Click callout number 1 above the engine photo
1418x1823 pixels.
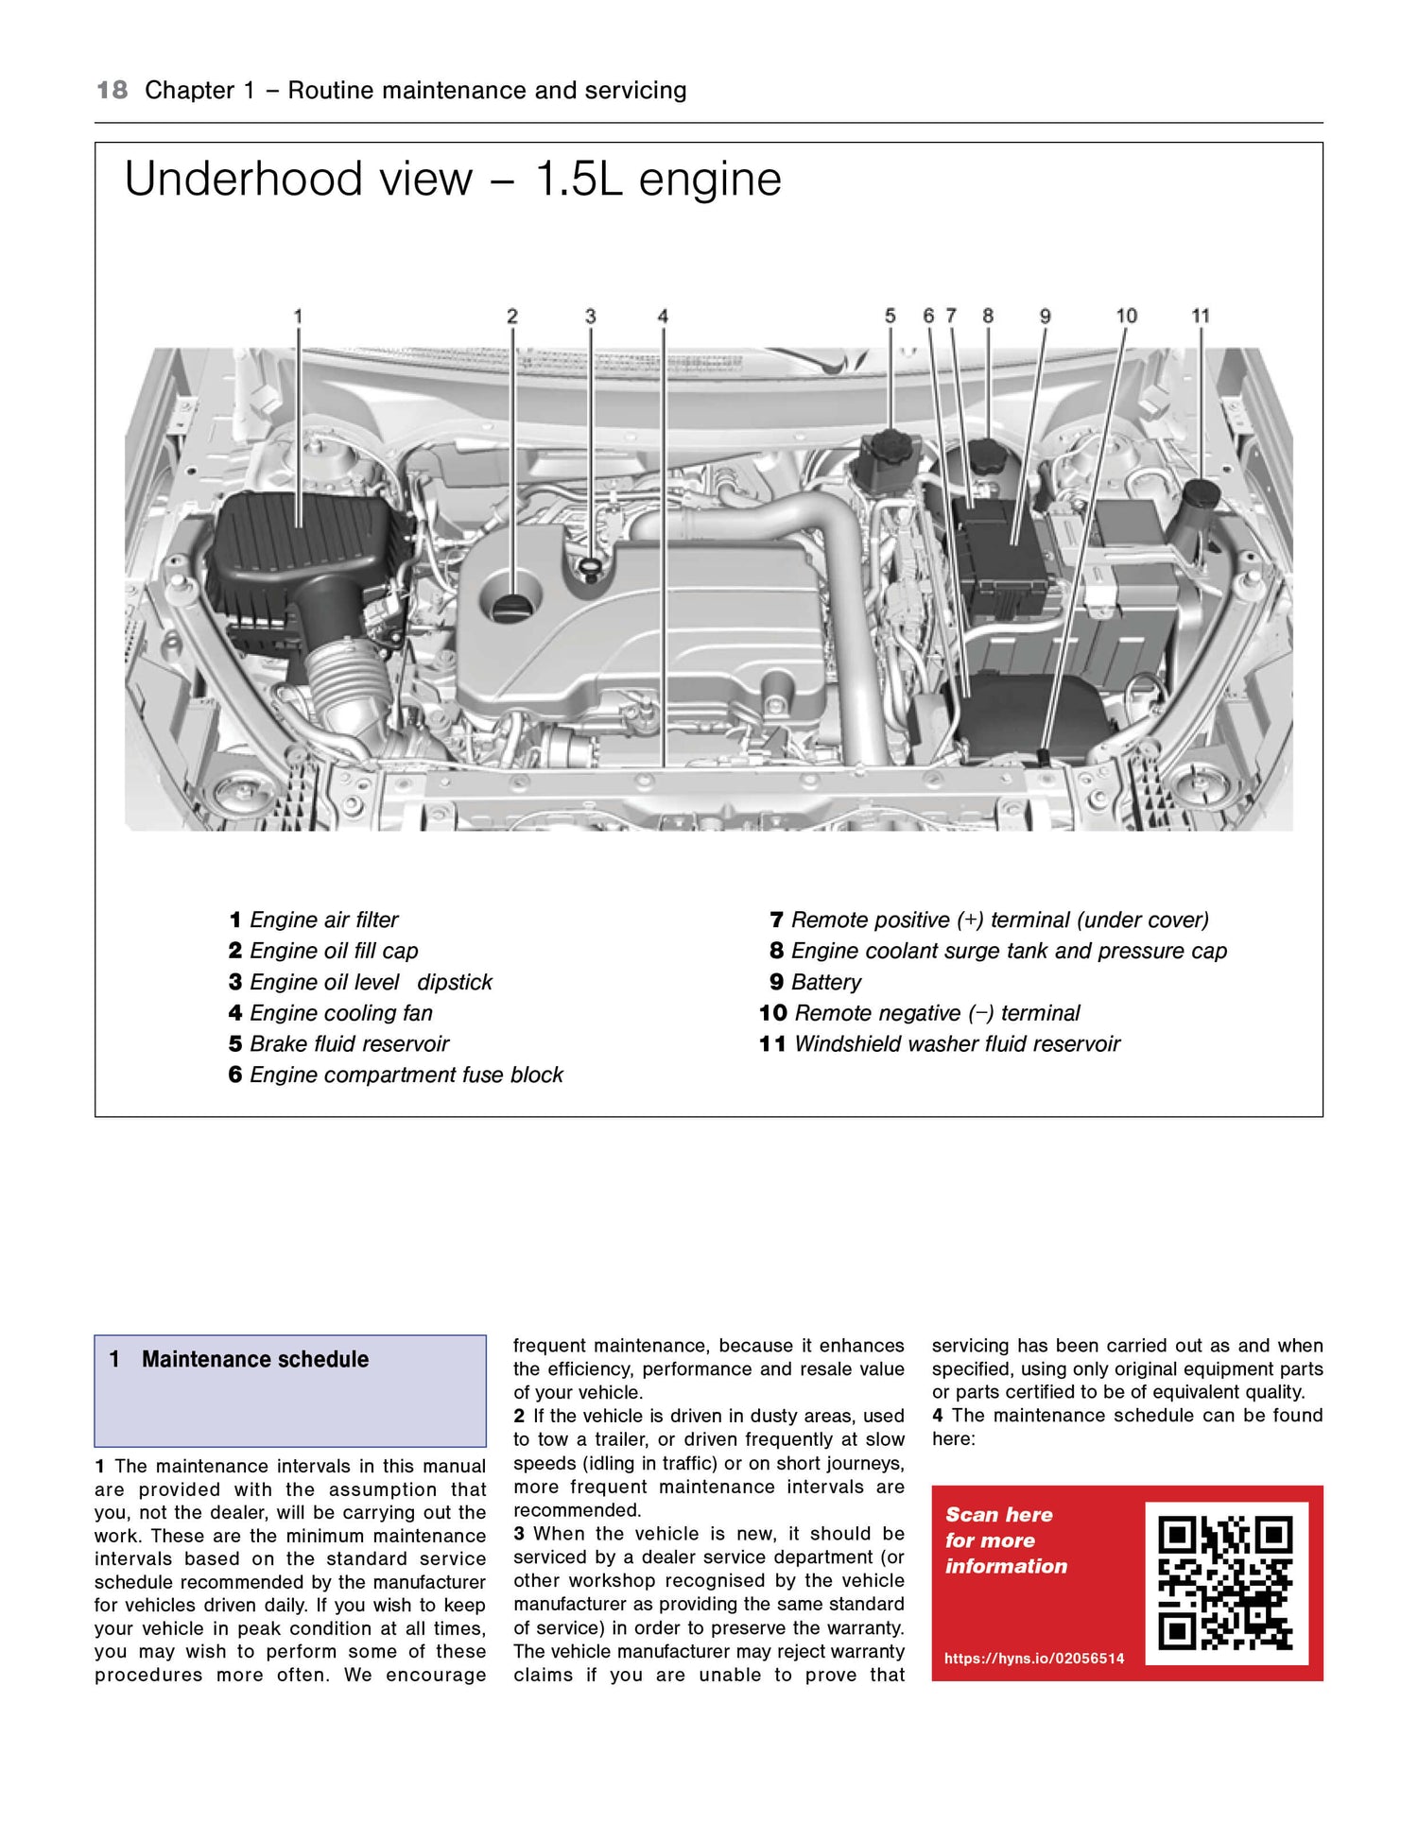tap(298, 317)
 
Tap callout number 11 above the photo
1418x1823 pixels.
tap(1201, 317)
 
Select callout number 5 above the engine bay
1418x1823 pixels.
tap(890, 317)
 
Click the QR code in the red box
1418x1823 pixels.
tap(1226, 1583)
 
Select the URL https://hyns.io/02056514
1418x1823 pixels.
tap(1034, 1659)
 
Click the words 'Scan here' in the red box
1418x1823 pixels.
tap(999, 1515)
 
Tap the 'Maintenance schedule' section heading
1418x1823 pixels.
tap(255, 1359)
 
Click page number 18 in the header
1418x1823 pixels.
tap(112, 91)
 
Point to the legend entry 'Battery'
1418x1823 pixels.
tap(825, 982)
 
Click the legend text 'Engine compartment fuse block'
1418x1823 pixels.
tap(406, 1075)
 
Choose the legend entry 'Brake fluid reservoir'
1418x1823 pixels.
tap(349, 1043)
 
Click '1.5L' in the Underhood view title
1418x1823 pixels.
tap(579, 180)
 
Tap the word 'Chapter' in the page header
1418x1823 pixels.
tap(189, 91)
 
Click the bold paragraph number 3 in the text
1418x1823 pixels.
tap(519, 1534)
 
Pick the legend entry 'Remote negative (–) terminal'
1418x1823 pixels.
tap(936, 1013)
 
